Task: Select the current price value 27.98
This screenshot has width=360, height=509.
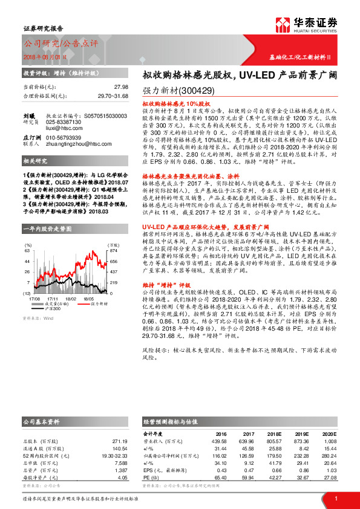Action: point(120,86)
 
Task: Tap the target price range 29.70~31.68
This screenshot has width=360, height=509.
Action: point(112,95)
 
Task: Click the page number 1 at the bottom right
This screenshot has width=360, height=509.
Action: point(335,498)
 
